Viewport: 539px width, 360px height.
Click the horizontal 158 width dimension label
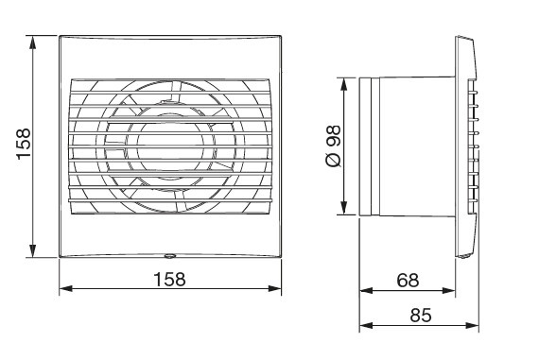(x=170, y=280)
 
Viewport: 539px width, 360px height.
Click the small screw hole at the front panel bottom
(x=171, y=254)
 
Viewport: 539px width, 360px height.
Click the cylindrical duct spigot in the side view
(x=407, y=146)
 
